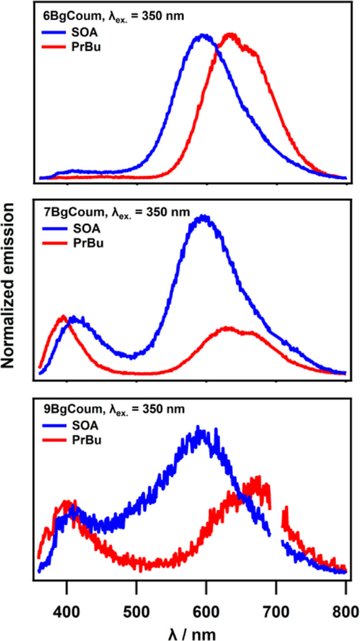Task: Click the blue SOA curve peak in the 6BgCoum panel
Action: pyautogui.click(x=202, y=36)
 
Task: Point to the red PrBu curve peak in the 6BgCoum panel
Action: pyautogui.click(x=231, y=35)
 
